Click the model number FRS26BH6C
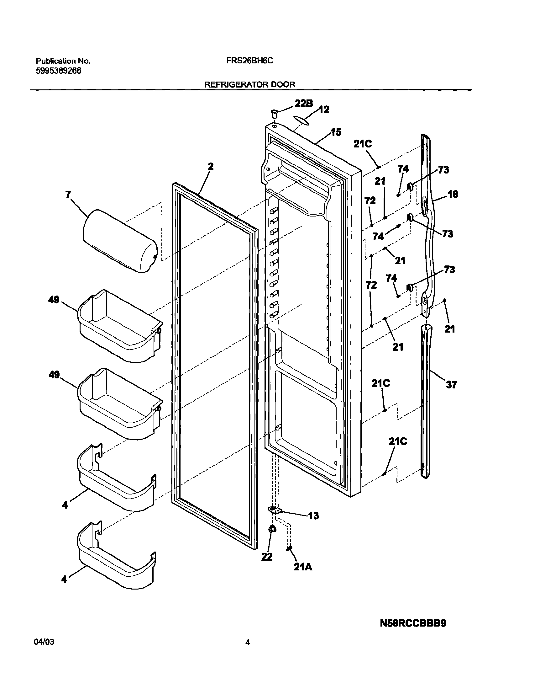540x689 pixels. pyautogui.click(x=249, y=61)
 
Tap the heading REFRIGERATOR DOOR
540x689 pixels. pyautogui.click(x=250, y=84)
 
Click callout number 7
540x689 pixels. pyautogui.click(x=68, y=195)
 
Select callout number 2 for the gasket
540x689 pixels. pyautogui.click(x=211, y=167)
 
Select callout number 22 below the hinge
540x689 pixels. pyautogui.click(x=267, y=557)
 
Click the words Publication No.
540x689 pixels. pyautogui.click(x=63, y=61)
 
